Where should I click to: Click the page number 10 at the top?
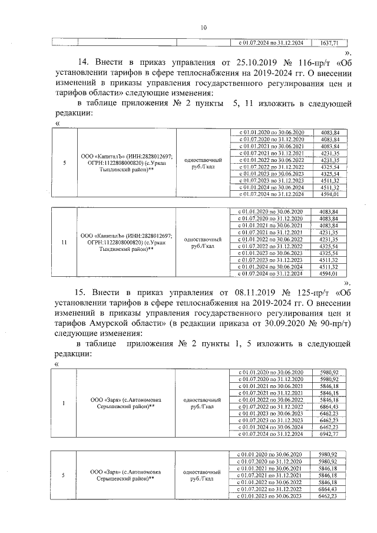[x=203, y=27]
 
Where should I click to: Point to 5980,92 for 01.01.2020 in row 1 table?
[x=328, y=373]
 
